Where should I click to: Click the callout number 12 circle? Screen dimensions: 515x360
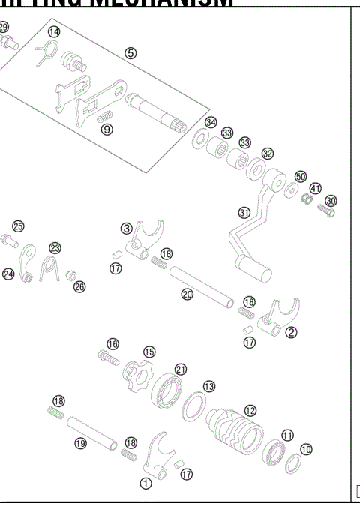pyautogui.click(x=250, y=410)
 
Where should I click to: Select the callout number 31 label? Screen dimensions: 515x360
pyautogui.click(x=244, y=212)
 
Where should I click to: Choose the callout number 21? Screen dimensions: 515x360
pyautogui.click(x=180, y=368)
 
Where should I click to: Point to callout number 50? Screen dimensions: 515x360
pyautogui.click(x=301, y=176)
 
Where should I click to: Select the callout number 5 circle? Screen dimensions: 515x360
pyautogui.click(x=130, y=53)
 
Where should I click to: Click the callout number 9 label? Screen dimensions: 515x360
pyautogui.click(x=107, y=130)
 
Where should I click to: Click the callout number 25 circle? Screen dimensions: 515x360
pyautogui.click(x=18, y=226)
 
